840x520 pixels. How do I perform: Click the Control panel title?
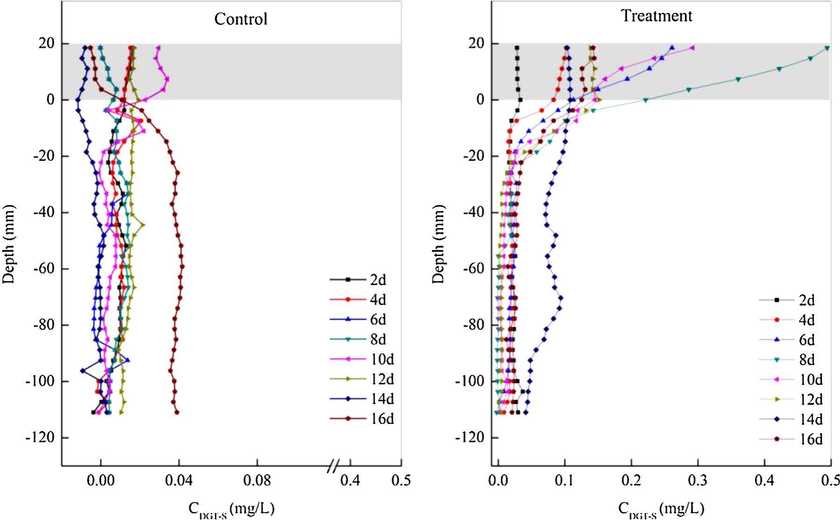tap(240, 19)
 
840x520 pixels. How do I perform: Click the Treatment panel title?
tap(656, 16)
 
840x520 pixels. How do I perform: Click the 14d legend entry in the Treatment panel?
tap(791, 419)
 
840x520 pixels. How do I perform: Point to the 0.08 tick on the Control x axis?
tap(257, 480)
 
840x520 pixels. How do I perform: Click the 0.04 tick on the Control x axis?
tap(179, 480)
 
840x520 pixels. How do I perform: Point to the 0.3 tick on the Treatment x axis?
tap(698, 480)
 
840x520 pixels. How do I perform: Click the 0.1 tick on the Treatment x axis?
tap(565, 480)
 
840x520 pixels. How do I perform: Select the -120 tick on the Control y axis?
tap(42, 437)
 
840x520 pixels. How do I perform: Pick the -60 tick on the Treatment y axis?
tap(473, 269)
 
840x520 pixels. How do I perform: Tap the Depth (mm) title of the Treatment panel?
tap(438, 244)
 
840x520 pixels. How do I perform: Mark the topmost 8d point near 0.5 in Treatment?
tap(827, 48)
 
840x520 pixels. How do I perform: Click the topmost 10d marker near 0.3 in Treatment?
tap(693, 48)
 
